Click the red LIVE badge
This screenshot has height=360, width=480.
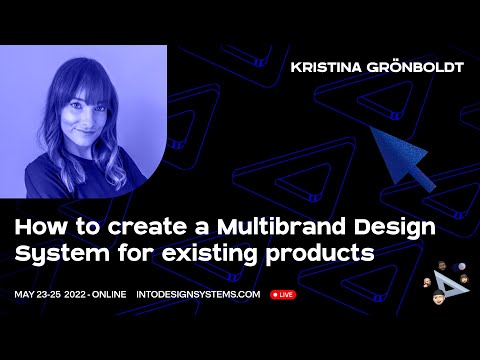282,295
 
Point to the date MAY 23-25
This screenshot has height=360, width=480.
41,295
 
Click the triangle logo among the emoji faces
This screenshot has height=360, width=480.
457,286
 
